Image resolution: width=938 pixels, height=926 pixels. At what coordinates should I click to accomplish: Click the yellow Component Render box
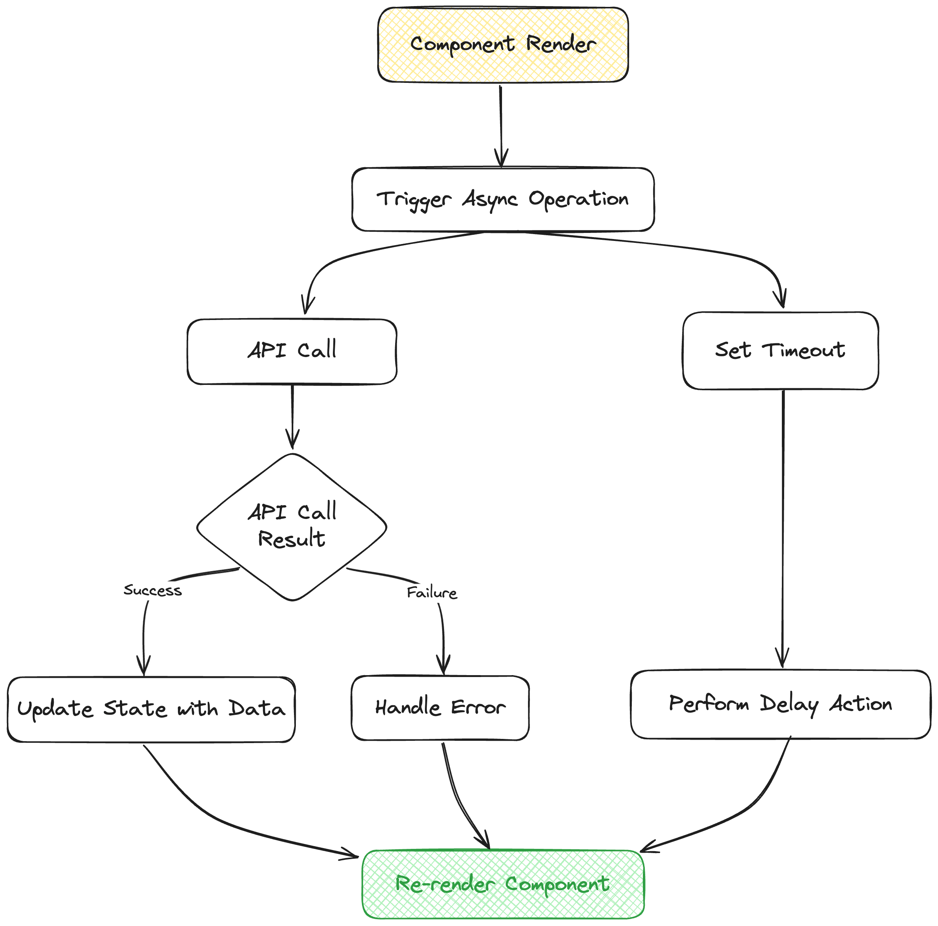503,45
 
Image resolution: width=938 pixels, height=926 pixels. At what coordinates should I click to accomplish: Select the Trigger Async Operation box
503,200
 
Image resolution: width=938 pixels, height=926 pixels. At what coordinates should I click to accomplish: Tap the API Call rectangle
292,352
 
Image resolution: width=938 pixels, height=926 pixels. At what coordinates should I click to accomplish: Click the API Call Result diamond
292,527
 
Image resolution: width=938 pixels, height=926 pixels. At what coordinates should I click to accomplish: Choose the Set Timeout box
780,351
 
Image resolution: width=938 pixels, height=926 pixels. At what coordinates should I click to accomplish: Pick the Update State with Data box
151,709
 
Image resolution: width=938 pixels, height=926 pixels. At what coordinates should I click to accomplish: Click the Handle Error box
440,708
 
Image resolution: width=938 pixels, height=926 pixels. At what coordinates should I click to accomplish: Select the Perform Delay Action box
780,704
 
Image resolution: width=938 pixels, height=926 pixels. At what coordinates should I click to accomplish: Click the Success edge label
152,590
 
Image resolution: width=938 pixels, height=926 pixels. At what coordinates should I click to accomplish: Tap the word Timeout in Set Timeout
804,351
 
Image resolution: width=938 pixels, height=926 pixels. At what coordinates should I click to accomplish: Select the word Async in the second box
489,200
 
